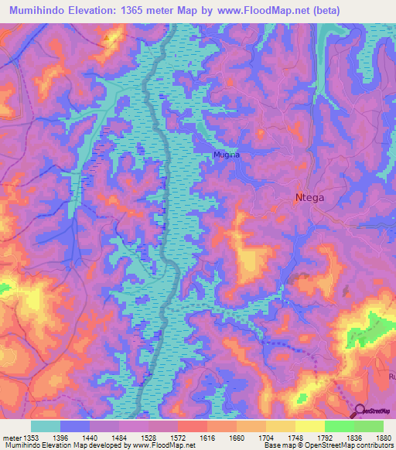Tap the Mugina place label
(x=227, y=155)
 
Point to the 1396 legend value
(x=73, y=437)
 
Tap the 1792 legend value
(x=340, y=437)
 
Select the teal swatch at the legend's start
(x=46, y=425)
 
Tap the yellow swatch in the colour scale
(x=309, y=425)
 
